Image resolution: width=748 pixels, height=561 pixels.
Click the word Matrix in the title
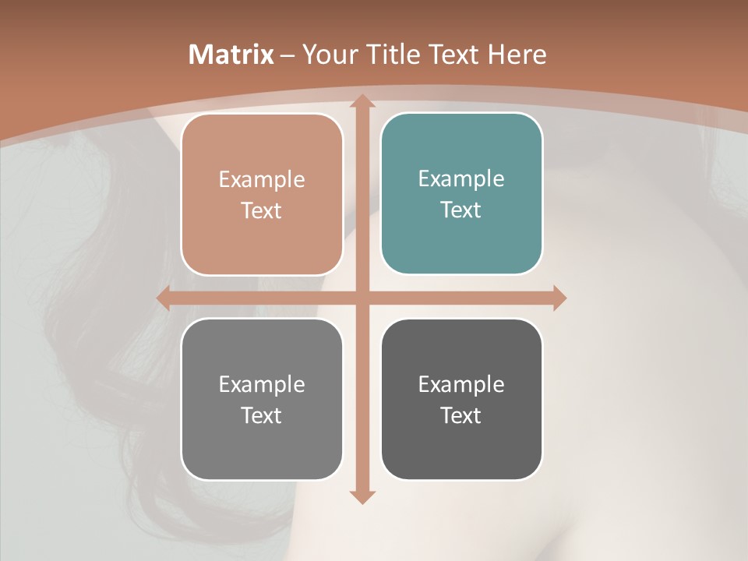[x=231, y=55]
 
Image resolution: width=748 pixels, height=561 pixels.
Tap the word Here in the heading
[x=517, y=55]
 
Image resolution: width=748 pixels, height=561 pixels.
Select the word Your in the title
[x=327, y=55]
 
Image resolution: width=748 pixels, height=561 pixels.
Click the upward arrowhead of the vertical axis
[x=362, y=102]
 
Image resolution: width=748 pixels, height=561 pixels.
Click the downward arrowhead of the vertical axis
[x=362, y=496]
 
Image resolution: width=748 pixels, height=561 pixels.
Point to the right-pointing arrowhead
[x=559, y=298]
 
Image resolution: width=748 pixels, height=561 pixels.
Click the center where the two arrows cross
[x=362, y=298]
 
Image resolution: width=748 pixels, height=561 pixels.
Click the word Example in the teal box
[x=461, y=178]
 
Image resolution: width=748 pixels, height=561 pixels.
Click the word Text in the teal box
[x=461, y=210]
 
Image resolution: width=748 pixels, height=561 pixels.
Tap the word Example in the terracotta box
[x=262, y=179]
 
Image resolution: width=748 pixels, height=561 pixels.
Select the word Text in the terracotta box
[x=262, y=210]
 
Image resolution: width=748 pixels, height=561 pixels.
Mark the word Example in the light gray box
[x=262, y=384]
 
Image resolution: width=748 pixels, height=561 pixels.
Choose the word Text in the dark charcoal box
[x=461, y=415]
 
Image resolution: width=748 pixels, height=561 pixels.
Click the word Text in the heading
[x=453, y=55]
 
